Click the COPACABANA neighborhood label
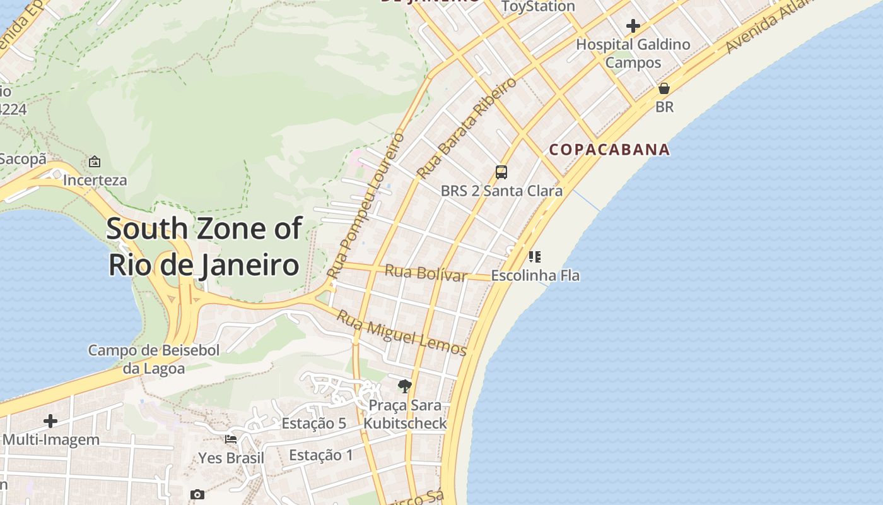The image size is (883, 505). tap(609, 150)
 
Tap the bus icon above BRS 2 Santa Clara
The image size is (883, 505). tap(501, 172)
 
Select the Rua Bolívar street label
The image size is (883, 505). tap(426, 273)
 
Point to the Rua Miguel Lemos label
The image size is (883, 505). tap(402, 333)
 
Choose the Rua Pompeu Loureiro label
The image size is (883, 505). tap(366, 206)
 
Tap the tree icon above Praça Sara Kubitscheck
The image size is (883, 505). tap(404, 386)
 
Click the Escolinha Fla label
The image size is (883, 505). tap(535, 276)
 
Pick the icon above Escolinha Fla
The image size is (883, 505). tap(535, 256)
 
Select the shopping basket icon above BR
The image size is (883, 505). tap(664, 88)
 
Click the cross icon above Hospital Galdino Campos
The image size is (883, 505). tap(633, 26)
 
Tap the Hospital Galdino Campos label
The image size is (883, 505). tap(633, 54)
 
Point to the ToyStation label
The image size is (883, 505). tap(538, 7)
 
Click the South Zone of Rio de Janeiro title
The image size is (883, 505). tap(204, 247)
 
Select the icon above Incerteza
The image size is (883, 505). tap(95, 162)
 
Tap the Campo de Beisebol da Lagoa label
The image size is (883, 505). tap(154, 359)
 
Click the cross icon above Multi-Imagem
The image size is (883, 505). tap(50, 421)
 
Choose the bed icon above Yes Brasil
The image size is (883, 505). tap(231, 439)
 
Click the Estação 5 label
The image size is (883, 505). tap(313, 424)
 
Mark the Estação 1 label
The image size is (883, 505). tap(321, 455)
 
